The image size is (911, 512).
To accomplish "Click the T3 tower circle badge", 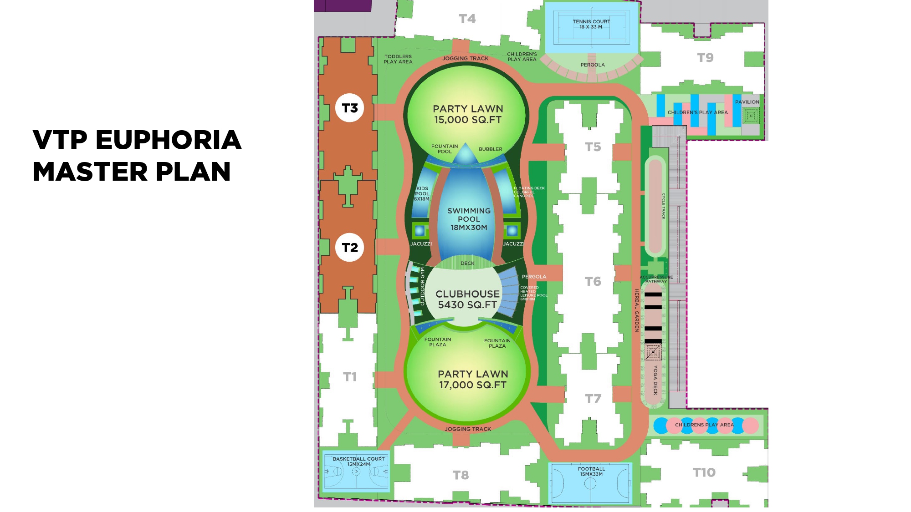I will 350,108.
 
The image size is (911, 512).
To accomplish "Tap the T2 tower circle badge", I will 350,248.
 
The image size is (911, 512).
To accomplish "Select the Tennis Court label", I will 591,24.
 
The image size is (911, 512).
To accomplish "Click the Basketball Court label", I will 358,461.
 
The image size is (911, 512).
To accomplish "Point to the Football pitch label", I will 591,471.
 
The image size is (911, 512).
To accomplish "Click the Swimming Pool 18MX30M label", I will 469,219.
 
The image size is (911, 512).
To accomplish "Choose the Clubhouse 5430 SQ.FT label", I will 467,299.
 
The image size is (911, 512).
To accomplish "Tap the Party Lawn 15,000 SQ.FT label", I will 468,114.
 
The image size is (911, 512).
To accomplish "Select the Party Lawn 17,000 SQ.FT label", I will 473,379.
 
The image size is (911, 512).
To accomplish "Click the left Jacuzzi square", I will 420,230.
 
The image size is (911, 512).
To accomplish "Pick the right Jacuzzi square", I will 512,231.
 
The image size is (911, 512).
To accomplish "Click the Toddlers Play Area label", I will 398,59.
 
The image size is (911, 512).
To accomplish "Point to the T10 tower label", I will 704,472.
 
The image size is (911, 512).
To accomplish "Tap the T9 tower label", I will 705,58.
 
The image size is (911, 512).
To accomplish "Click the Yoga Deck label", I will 655,380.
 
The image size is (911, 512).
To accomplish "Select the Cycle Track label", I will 664,206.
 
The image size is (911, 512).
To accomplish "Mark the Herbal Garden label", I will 637,310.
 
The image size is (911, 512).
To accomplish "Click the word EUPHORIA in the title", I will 168,140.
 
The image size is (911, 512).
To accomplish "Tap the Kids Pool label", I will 422,193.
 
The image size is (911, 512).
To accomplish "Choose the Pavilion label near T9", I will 747,102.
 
